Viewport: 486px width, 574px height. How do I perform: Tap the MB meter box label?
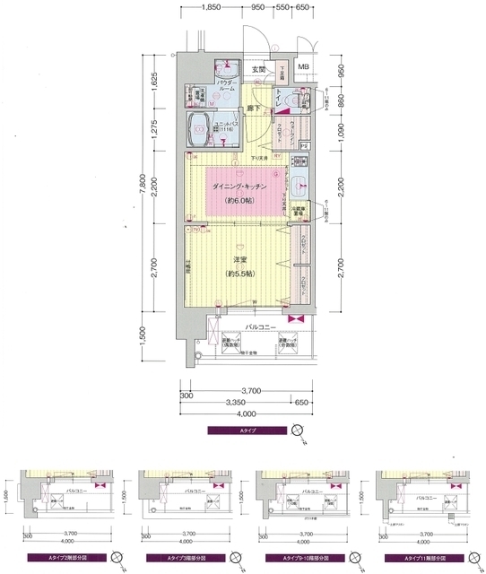(x=303, y=67)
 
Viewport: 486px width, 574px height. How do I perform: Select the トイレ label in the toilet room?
(x=280, y=100)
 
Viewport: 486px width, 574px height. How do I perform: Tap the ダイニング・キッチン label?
(x=239, y=187)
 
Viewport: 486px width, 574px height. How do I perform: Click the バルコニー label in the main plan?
(x=260, y=328)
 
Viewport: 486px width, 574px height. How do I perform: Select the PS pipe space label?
(x=304, y=145)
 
